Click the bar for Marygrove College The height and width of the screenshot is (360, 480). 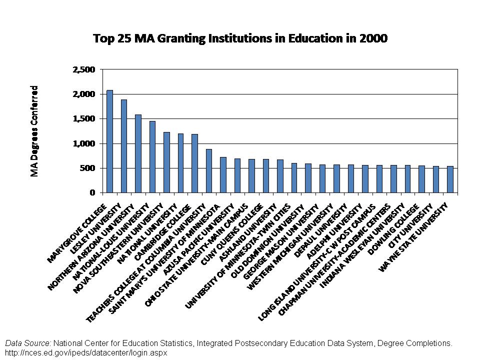(109, 141)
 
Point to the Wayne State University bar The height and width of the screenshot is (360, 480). (450, 179)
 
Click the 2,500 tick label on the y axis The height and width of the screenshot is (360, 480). (84, 70)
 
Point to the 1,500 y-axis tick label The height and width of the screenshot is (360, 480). (84, 119)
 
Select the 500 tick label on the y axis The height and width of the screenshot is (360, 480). (87, 168)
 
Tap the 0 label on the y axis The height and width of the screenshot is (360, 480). (92, 192)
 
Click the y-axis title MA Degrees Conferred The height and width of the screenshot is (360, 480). (34, 131)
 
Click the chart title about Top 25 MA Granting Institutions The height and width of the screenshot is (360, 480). (240, 38)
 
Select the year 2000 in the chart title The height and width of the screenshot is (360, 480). (373, 38)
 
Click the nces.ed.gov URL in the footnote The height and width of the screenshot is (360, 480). (86, 352)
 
